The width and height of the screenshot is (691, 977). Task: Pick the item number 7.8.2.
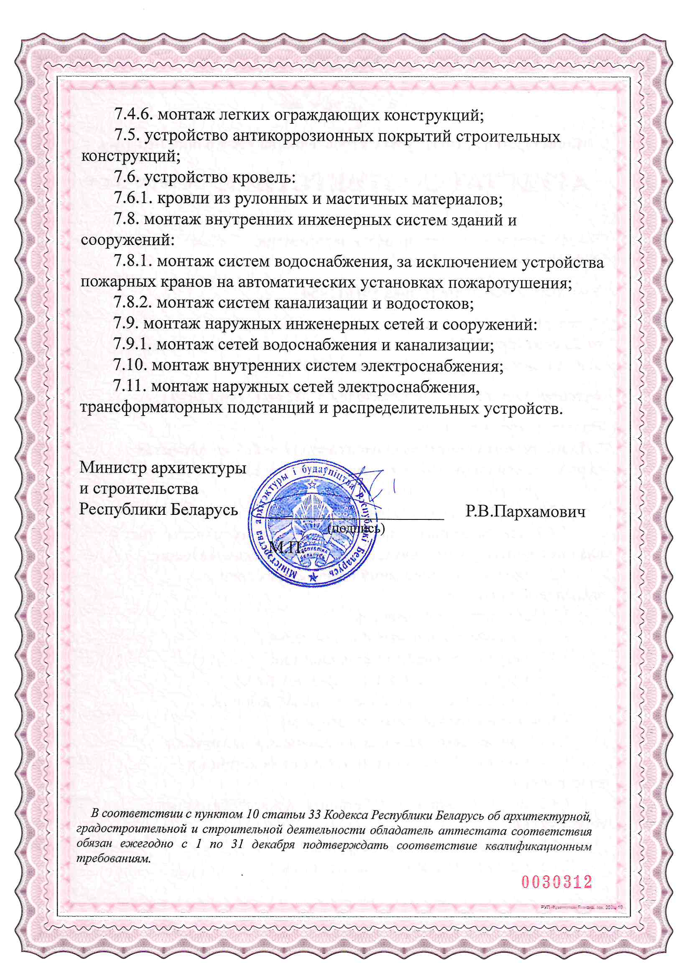[133, 303]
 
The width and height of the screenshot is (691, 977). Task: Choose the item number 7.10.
[130, 366]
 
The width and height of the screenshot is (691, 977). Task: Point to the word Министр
[113, 468]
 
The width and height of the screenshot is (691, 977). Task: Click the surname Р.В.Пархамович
[525, 511]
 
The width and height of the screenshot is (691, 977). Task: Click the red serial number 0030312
[557, 882]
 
